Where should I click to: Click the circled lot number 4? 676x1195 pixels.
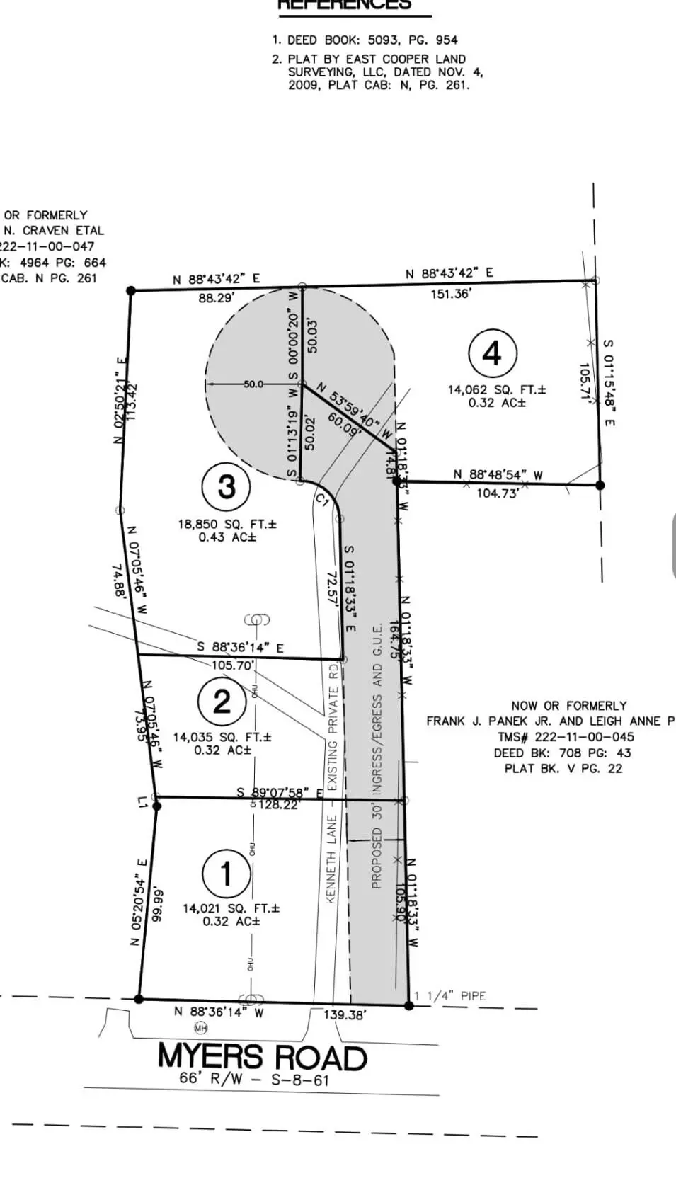coord(493,353)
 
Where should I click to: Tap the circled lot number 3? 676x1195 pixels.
coord(227,486)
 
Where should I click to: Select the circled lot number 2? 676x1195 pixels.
coord(222,702)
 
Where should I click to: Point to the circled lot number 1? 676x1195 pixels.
coord(226,873)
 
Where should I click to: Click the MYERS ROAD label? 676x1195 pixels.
coord(263,1057)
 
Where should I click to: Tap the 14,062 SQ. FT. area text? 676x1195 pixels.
coord(496,389)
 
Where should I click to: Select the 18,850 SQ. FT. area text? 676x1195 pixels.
coord(227,525)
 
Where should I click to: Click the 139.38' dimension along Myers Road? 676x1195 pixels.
coord(345,1014)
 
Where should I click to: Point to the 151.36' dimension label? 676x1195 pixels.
coord(451,293)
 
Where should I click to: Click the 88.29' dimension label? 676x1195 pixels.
coord(216,298)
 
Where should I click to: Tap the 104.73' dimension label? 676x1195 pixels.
coord(497,493)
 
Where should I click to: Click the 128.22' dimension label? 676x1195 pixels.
coord(279,805)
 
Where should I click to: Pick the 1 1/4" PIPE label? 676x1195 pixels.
coord(450,995)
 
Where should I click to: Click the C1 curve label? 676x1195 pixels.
coord(323,501)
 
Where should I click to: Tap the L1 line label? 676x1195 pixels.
coord(143,802)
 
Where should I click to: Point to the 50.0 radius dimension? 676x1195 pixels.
coord(253,384)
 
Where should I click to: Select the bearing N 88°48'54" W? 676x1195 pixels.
coord(498,475)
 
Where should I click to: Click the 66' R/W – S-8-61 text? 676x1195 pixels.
coord(254,1080)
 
